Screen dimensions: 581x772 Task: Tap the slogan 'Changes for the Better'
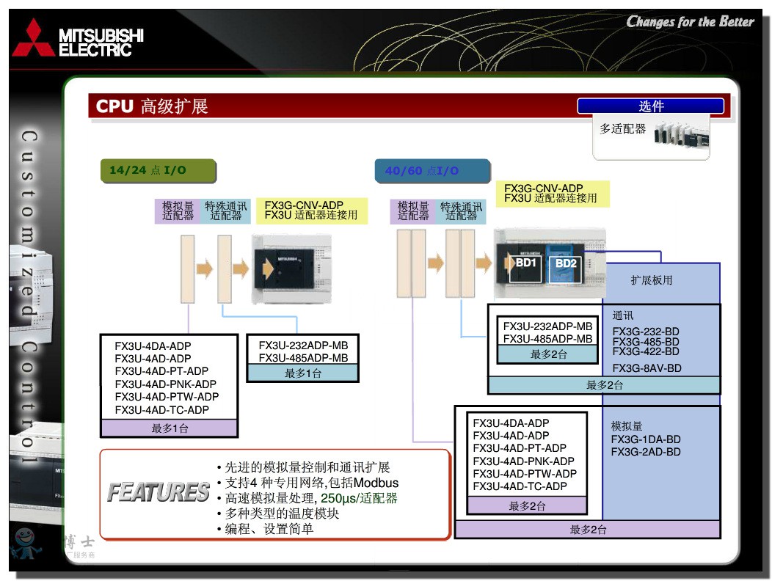[690, 21]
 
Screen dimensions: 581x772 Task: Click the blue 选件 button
[651, 106]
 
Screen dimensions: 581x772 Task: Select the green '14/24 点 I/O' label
[148, 170]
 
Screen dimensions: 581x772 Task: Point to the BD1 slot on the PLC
[526, 263]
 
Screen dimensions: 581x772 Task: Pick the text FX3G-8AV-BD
[647, 368]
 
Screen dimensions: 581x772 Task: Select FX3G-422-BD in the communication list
[646, 351]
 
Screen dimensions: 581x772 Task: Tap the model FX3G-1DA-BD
[645, 439]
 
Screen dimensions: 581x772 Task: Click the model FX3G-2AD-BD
[645, 452]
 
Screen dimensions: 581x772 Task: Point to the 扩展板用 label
[651, 280]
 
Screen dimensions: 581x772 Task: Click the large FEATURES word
[159, 492]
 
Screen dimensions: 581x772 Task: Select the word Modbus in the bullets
[376, 483]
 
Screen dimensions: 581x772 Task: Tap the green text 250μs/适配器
[359, 498]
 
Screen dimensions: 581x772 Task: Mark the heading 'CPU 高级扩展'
[152, 106]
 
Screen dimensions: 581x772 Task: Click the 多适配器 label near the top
[622, 129]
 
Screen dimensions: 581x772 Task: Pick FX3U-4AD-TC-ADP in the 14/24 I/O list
[161, 410]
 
